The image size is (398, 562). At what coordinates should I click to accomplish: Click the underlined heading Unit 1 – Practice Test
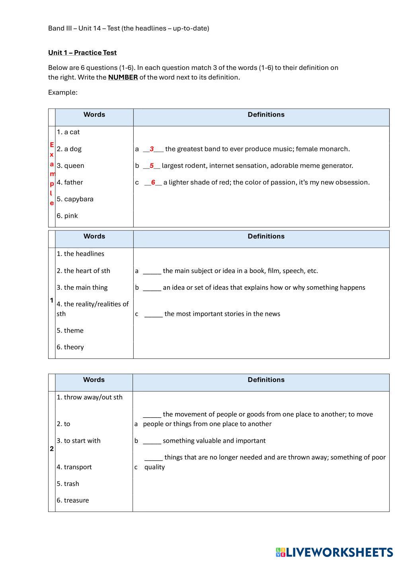[x=82, y=53]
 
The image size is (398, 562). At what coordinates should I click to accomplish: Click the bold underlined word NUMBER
[x=123, y=78]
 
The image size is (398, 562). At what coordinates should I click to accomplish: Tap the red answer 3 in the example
[x=152, y=149]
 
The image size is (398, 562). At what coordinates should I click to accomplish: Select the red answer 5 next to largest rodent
[x=152, y=166]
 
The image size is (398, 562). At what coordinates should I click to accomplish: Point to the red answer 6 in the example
[x=153, y=182]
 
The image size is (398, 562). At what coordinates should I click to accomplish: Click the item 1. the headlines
[x=80, y=254]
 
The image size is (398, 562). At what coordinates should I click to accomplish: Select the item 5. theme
[x=70, y=331]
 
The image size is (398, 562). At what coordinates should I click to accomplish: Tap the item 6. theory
[x=70, y=347]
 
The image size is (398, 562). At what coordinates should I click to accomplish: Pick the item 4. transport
[x=74, y=467]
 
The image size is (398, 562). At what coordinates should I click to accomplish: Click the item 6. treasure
[x=72, y=500]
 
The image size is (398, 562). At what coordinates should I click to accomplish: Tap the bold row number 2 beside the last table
[x=52, y=449]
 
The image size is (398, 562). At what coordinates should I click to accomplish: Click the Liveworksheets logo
[x=334, y=552]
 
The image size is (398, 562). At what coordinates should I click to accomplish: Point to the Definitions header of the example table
[x=266, y=115]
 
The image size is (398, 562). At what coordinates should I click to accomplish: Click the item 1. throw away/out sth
[x=90, y=397]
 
